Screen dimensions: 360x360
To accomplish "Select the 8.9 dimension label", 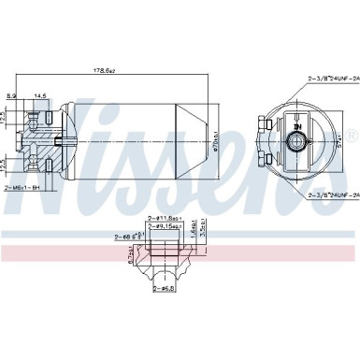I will point(11,95).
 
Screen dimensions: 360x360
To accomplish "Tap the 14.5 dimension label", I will point(41,95).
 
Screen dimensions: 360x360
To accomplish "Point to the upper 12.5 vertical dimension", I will point(4,118).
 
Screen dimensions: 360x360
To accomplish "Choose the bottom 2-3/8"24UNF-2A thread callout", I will point(331,194).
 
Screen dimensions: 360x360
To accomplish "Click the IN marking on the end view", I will point(297,125).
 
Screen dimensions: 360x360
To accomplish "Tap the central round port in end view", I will point(298,141).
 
